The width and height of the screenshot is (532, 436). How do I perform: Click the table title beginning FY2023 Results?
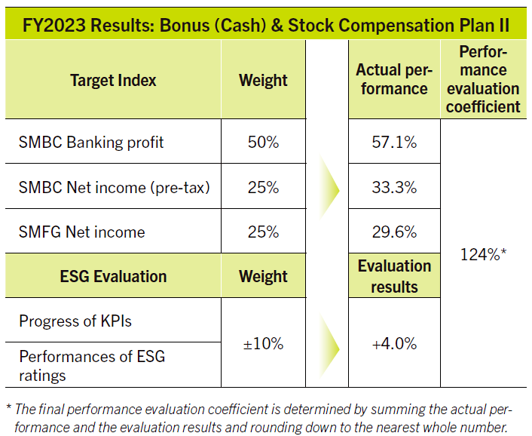click(x=266, y=25)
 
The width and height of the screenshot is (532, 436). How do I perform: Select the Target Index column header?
click(x=113, y=81)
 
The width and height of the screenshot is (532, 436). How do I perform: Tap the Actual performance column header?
click(x=394, y=79)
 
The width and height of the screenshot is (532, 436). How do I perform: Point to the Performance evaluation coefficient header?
click(x=483, y=79)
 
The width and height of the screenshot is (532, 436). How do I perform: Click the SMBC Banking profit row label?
click(x=91, y=142)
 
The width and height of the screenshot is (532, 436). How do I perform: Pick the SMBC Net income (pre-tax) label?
click(x=115, y=187)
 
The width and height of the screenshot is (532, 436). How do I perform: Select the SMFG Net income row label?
click(x=82, y=232)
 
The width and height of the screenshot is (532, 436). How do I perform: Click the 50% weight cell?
click(x=263, y=142)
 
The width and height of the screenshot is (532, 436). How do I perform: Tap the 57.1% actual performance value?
click(x=394, y=142)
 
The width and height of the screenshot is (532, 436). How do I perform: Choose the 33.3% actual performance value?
click(x=394, y=187)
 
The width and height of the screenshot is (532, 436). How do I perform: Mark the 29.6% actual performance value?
click(x=394, y=232)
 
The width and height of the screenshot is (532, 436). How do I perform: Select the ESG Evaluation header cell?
click(x=113, y=276)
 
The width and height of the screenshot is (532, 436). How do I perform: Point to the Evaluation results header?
click(x=394, y=276)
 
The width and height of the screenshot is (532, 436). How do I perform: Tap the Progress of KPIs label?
click(x=75, y=321)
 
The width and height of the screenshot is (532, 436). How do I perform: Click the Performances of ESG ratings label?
click(x=92, y=366)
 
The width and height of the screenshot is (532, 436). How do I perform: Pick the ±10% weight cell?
click(x=263, y=343)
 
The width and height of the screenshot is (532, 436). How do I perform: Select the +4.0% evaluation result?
click(x=394, y=343)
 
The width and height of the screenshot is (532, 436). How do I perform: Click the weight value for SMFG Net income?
click(x=263, y=232)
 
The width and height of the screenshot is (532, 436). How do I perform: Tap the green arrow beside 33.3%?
click(x=329, y=189)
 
